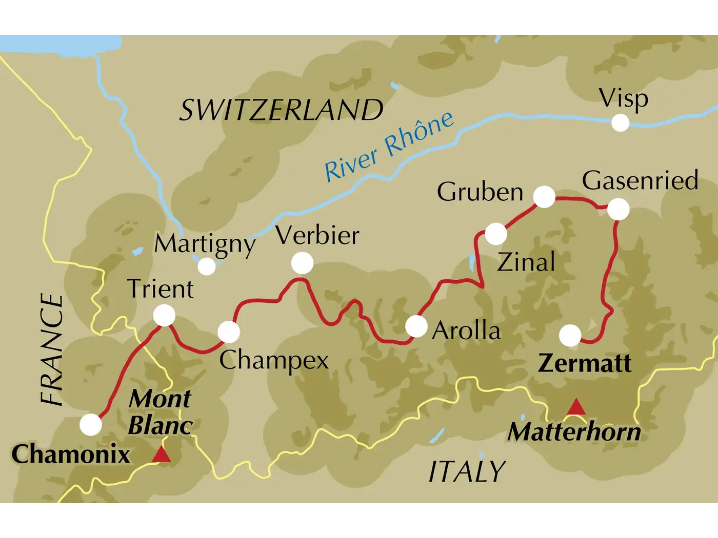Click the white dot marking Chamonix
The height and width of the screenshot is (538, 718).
click(91, 425)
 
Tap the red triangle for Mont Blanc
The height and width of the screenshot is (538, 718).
click(162, 454)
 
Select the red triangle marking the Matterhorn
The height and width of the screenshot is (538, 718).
click(576, 407)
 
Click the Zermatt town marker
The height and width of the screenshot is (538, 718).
click(570, 336)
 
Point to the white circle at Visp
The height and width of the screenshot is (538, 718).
click(620, 123)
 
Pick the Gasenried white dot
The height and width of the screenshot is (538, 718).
click(618, 210)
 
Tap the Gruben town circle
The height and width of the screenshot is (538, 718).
click(544, 197)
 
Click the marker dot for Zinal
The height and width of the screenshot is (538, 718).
click(496, 234)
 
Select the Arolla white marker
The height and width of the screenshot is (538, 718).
click(416, 326)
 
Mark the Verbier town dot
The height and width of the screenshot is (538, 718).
click(302, 263)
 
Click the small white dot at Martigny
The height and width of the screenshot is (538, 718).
click(207, 266)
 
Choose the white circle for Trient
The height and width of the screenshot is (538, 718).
click(165, 315)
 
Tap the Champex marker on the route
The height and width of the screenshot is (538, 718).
click(229, 332)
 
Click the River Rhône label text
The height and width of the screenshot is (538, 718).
click(389, 147)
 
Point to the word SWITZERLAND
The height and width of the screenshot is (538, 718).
click(281, 110)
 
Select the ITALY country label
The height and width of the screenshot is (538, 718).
click(467, 471)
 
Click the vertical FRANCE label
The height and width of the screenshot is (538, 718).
click(52, 350)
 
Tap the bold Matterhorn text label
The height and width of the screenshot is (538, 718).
click(574, 432)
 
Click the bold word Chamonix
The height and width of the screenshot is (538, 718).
click(71, 454)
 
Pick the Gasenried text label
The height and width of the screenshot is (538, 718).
click(640, 180)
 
